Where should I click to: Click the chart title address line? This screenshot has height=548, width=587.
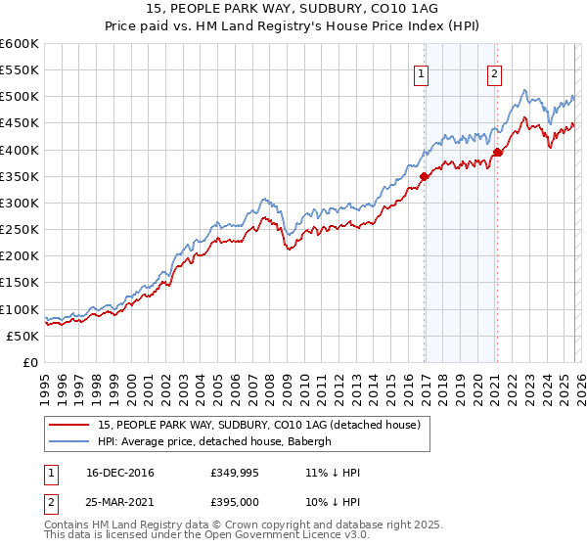(x=293, y=9)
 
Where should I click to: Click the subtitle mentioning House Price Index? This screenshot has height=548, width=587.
(x=293, y=26)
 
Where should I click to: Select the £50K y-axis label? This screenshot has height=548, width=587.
(x=23, y=336)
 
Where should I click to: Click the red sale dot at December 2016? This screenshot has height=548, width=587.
(x=424, y=176)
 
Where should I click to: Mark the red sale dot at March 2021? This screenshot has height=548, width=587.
(x=497, y=153)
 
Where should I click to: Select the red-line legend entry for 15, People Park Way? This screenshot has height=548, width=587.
(x=259, y=424)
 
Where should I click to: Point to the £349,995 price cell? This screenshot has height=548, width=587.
(x=234, y=473)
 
